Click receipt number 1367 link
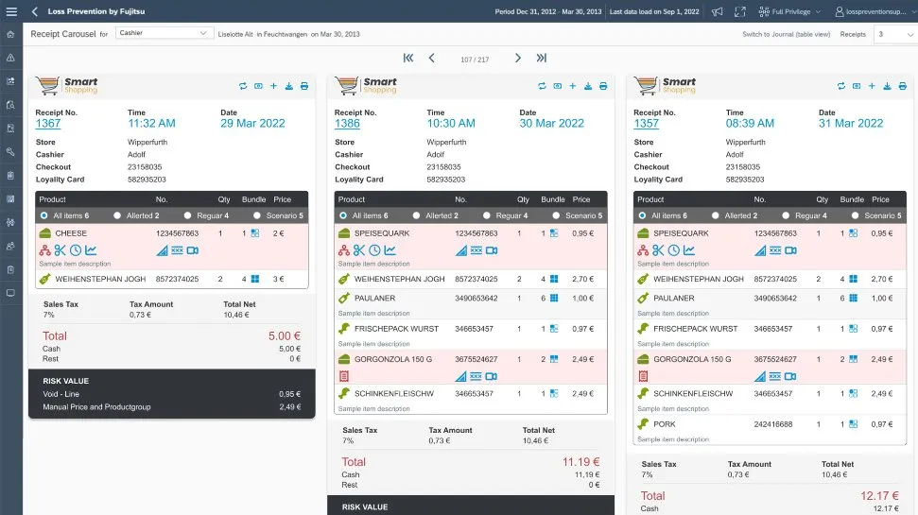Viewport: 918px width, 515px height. pyautogui.click(x=48, y=124)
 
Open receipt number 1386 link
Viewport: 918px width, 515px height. pyautogui.click(x=347, y=124)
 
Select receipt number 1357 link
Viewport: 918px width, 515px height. pyautogui.click(x=647, y=124)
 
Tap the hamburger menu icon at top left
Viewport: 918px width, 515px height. pyautogui.click(x=11, y=11)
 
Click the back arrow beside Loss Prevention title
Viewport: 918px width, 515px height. pyautogui.click(x=35, y=11)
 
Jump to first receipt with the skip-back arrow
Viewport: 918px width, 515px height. pyautogui.click(x=408, y=58)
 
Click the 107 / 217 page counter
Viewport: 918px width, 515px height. pyautogui.click(x=474, y=59)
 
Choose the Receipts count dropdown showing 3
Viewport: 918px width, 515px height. pyautogui.click(x=892, y=34)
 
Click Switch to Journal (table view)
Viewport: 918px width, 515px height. pyautogui.click(x=786, y=34)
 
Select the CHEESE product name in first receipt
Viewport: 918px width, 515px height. pyautogui.click(x=71, y=232)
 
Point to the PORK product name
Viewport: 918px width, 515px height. pyautogui.click(x=665, y=424)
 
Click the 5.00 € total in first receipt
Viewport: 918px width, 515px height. pyautogui.click(x=284, y=335)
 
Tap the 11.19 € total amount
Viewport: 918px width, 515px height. pyautogui.click(x=580, y=462)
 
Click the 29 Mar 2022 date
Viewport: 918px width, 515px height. pyautogui.click(x=252, y=124)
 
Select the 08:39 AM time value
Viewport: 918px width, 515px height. pyautogui.click(x=750, y=124)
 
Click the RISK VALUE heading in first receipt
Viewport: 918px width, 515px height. pyautogui.click(x=65, y=381)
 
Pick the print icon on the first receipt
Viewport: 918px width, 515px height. pyautogui.click(x=304, y=86)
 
